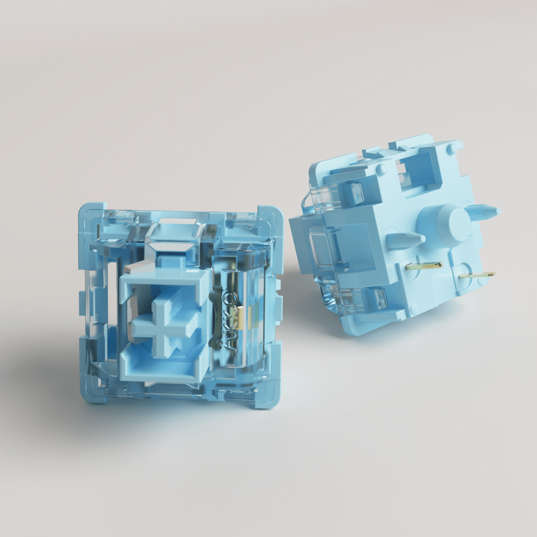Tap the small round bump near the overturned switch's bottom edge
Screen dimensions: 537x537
pos(413,307)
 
